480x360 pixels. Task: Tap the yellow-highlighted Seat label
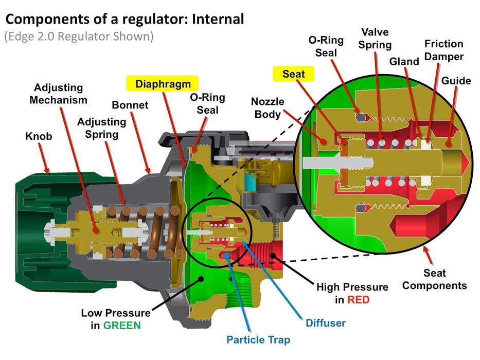[293, 74]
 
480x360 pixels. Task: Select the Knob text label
[38, 137]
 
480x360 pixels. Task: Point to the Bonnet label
[130, 105]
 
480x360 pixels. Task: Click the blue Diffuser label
[325, 323]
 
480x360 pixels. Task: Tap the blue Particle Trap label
[258, 340]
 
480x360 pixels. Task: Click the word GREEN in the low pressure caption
[123, 325]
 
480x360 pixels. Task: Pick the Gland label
[404, 62]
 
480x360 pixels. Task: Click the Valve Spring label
[375, 39]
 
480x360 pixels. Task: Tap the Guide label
[456, 81]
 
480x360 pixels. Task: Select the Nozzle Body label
[267, 108]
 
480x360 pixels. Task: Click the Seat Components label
[434, 279]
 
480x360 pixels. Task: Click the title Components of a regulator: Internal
[124, 20]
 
